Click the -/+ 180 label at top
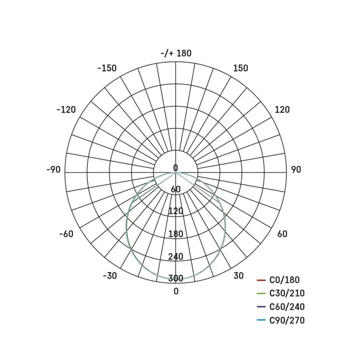[x=176, y=53]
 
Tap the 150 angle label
[x=240, y=68]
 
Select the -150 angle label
[x=107, y=68]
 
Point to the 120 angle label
[x=282, y=109]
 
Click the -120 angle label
[x=66, y=110]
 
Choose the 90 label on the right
[x=296, y=170]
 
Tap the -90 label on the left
[x=54, y=170]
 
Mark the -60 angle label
[x=66, y=234]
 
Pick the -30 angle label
[x=110, y=275]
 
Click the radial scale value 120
[x=176, y=211]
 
